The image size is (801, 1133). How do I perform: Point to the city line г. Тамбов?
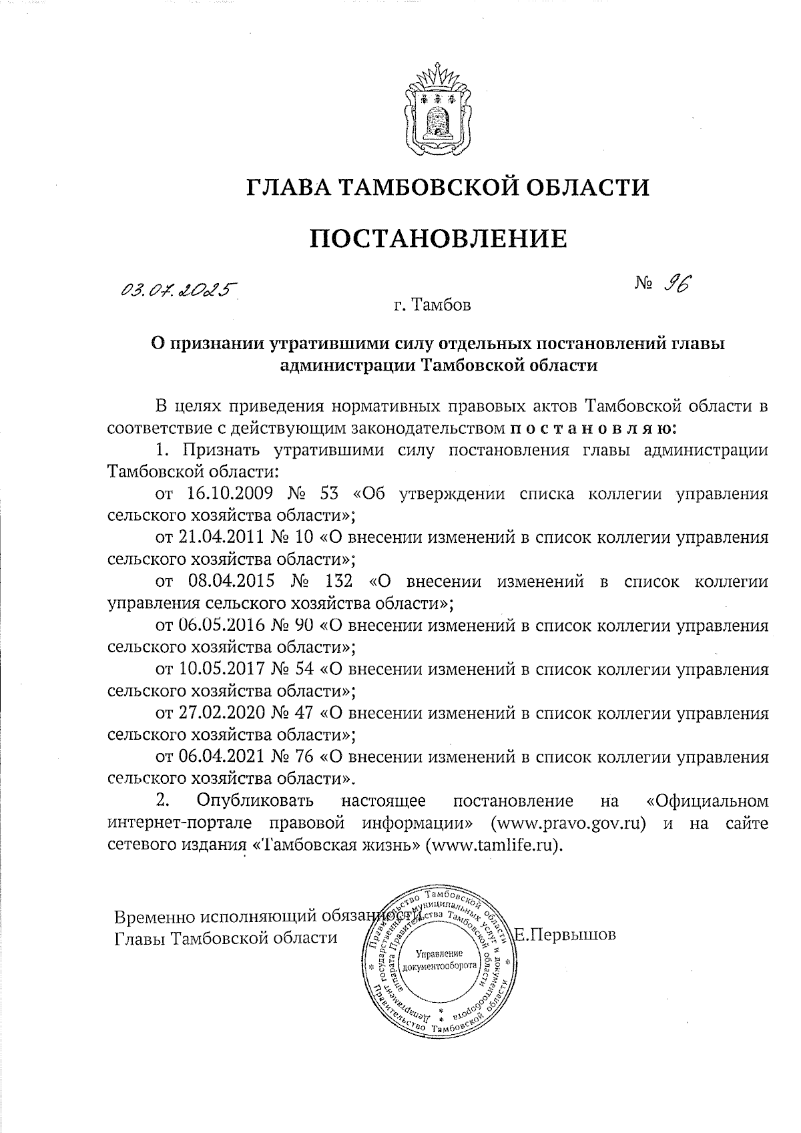[432, 306]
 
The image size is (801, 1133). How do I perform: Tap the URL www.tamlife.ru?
[495, 844]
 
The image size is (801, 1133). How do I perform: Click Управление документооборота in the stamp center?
[439, 960]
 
